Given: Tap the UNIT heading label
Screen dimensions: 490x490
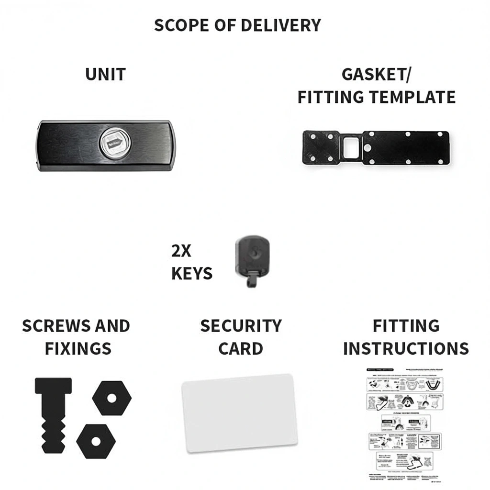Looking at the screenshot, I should tap(105, 75).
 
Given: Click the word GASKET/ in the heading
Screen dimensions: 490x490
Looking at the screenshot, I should tap(378, 75).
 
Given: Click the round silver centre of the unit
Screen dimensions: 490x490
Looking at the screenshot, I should tap(112, 143).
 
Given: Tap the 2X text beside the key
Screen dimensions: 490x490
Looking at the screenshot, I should tap(181, 250).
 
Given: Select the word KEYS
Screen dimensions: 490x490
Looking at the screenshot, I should tap(192, 274).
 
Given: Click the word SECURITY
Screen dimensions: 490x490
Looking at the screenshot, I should tap(241, 326).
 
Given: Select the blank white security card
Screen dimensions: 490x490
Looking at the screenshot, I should tap(240, 412).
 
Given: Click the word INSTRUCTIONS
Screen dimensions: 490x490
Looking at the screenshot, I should tap(406, 348).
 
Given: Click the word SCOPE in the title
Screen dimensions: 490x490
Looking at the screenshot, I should tap(180, 25).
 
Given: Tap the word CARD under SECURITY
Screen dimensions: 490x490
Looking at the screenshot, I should tap(240, 348).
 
